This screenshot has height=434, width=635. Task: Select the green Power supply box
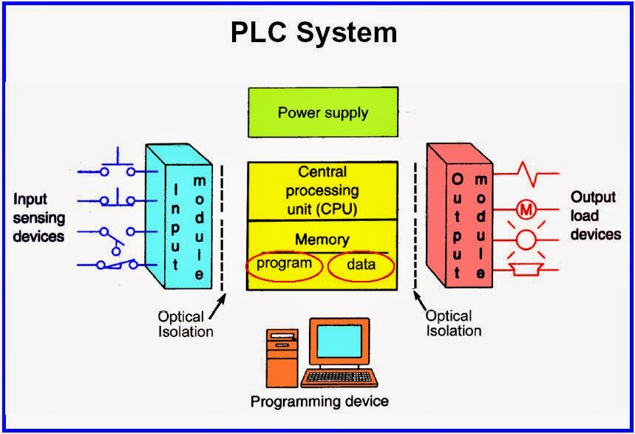pos(322,113)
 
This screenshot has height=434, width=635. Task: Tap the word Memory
pos(322,240)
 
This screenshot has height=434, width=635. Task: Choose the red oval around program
pos(285,265)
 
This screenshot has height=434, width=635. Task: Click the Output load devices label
pos(595,215)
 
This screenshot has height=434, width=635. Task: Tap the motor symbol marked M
pos(526,210)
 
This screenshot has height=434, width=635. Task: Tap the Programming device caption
pos(319,402)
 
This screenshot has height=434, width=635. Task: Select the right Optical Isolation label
pos(453,322)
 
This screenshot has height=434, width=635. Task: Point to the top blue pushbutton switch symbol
pos(118,167)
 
